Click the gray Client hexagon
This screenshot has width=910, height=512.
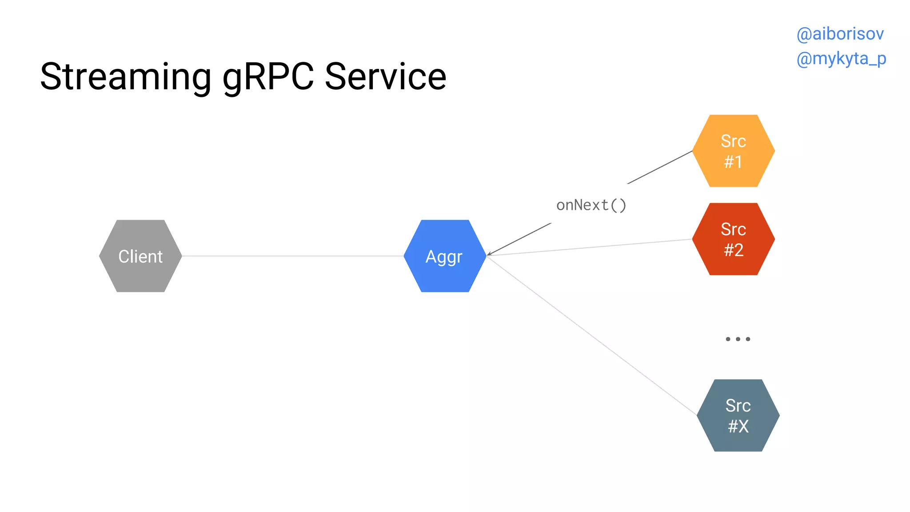pyautogui.click(x=140, y=256)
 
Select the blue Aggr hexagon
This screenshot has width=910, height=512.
pyautogui.click(x=445, y=256)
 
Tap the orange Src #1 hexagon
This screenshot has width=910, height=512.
pyautogui.click(x=734, y=151)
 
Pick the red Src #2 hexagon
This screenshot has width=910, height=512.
pyautogui.click(x=734, y=239)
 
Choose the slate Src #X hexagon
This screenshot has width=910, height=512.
pyautogui.click(x=738, y=416)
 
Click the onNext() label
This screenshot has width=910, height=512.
pyautogui.click(x=591, y=205)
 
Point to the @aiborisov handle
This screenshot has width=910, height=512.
pyautogui.click(x=840, y=34)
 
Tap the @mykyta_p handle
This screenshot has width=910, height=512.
pyautogui.click(x=841, y=59)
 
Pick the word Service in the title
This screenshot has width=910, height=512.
pyautogui.click(x=385, y=77)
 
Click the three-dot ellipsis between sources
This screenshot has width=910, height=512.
pyautogui.click(x=738, y=339)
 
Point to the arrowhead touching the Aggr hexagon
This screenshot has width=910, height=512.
pyautogui.click(x=489, y=254)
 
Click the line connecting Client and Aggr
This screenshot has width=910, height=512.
pyautogui.click(x=293, y=256)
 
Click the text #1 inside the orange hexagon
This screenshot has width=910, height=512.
pyautogui.click(x=733, y=162)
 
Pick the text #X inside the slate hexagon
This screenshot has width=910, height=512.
pyautogui.click(x=738, y=427)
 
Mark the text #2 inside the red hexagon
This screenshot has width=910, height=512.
pyautogui.click(x=734, y=250)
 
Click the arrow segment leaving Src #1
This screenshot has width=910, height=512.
pyautogui.click(x=660, y=168)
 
